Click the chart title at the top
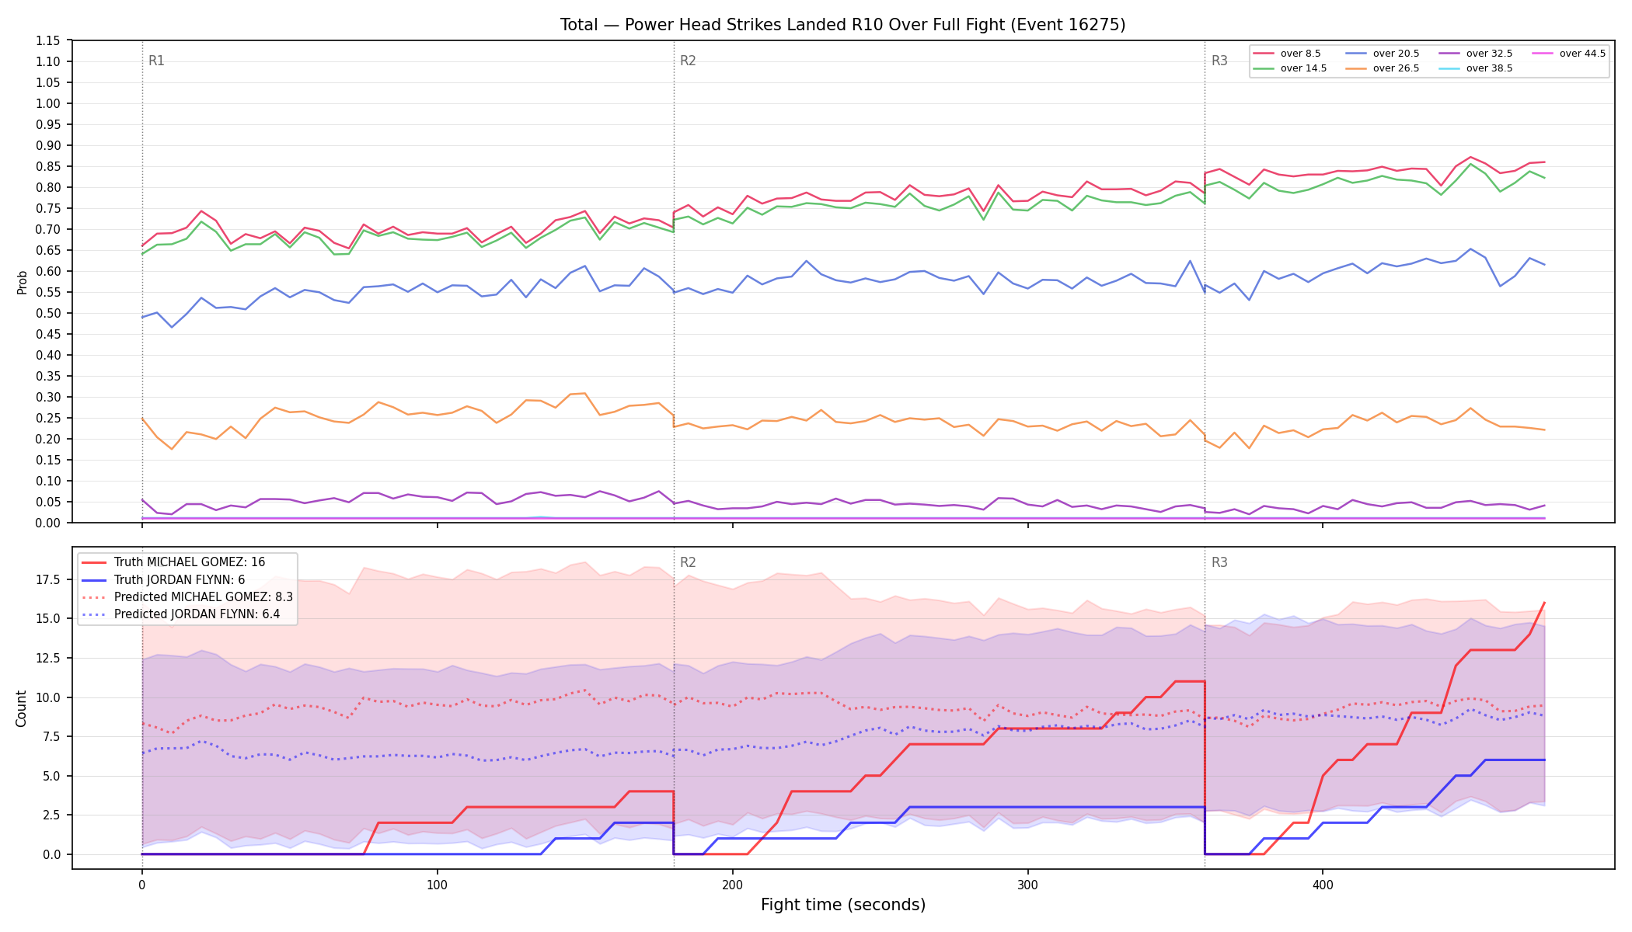pyautogui.click(x=842, y=25)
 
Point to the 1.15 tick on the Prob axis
pyautogui.click(x=48, y=40)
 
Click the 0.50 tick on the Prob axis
pyautogui.click(x=48, y=313)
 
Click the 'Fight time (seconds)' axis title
pyautogui.click(x=843, y=905)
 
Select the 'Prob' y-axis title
pyautogui.click(x=22, y=282)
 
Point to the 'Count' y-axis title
pyautogui.click(x=21, y=708)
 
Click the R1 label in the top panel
pyautogui.click(x=156, y=61)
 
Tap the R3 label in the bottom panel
pyautogui.click(x=1219, y=562)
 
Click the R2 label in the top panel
pyautogui.click(x=688, y=61)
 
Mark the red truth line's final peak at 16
pyautogui.click(x=1544, y=603)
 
